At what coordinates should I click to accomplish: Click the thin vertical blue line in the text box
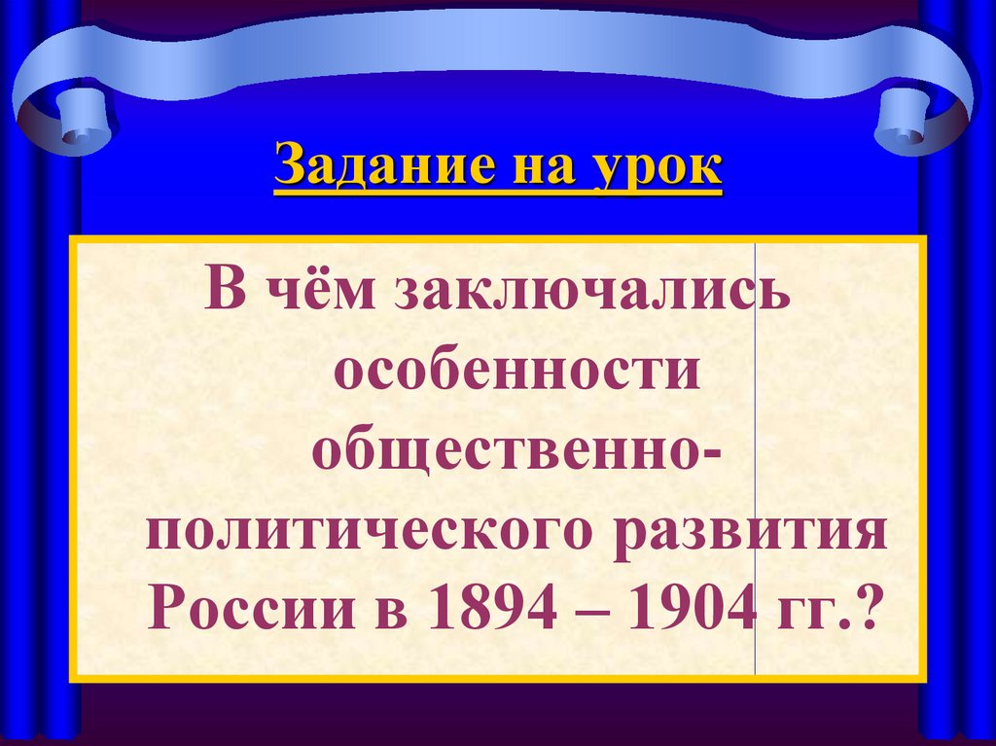tap(756, 457)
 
